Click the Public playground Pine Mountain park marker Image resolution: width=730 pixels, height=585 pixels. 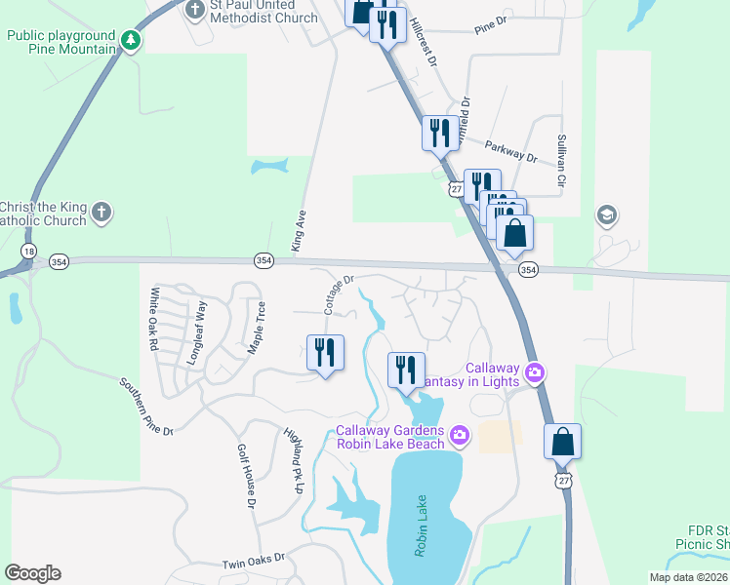pyautogui.click(x=130, y=41)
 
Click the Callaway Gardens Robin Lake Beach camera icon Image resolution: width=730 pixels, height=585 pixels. pyautogui.click(x=459, y=433)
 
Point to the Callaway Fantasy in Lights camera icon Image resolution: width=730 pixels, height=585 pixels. pyautogui.click(x=534, y=371)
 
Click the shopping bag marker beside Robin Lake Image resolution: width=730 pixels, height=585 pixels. pyautogui.click(x=563, y=442)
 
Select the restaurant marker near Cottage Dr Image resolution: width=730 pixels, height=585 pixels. pyautogui.click(x=325, y=353)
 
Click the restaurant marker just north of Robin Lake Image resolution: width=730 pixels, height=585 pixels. pyautogui.click(x=406, y=370)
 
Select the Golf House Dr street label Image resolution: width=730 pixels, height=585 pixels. pyautogui.click(x=245, y=477)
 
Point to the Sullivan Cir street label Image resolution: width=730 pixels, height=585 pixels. pyautogui.click(x=561, y=161)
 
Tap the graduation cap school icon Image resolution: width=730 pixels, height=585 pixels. pyautogui.click(x=606, y=215)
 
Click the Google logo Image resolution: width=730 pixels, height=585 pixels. pyautogui.click(x=33, y=572)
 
